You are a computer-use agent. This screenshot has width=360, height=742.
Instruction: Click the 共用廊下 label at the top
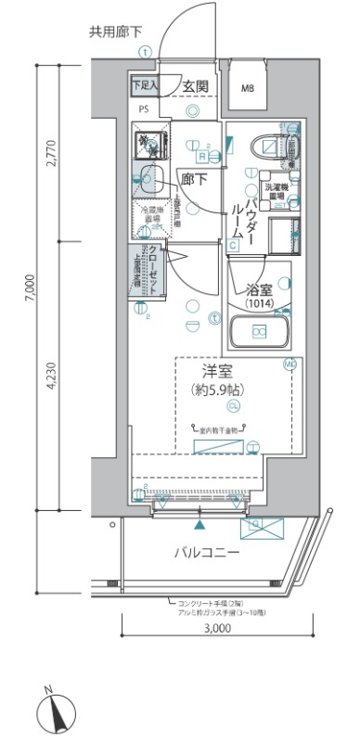click(x=116, y=32)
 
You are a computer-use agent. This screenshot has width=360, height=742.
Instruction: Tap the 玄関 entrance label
click(x=195, y=86)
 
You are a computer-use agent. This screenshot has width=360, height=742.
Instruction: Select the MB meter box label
click(x=247, y=89)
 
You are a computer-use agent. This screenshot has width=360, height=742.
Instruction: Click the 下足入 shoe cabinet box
click(x=144, y=85)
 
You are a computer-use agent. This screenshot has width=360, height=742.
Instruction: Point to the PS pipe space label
click(x=144, y=108)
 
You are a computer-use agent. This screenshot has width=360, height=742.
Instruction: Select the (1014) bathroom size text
click(x=258, y=304)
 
